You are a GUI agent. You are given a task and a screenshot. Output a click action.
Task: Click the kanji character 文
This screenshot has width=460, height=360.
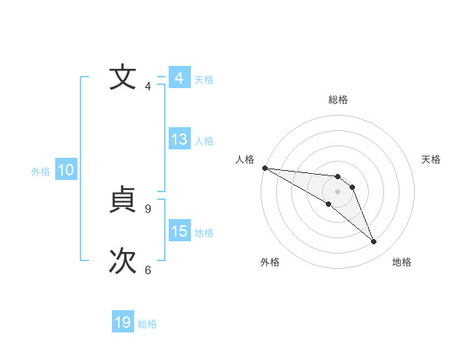pyautogui.click(x=121, y=77)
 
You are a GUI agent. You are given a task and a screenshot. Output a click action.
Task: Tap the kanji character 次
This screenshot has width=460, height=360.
pyautogui.click(x=121, y=261)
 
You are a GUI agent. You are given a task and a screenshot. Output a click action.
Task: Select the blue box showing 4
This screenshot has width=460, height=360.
pyautogui.click(x=179, y=78)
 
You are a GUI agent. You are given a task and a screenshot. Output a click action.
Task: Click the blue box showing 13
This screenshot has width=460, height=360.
pyautogui.click(x=179, y=140)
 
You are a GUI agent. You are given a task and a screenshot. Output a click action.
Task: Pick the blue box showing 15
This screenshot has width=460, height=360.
pyautogui.click(x=179, y=231)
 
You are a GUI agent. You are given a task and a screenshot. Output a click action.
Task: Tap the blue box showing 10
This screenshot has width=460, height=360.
pyautogui.click(x=66, y=171)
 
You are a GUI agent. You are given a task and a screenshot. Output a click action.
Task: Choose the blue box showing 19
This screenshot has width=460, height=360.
pyautogui.click(x=123, y=322)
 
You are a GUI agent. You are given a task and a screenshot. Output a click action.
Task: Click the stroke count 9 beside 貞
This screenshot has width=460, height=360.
pyautogui.click(x=148, y=208)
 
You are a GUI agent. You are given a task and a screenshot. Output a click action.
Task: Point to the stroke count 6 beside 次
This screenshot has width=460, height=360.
pyautogui.click(x=148, y=270)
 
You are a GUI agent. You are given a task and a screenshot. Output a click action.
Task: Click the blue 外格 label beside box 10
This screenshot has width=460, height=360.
pyautogui.click(x=41, y=172)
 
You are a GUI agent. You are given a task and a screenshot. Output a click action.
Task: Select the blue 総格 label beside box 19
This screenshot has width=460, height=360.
pyautogui.click(x=147, y=324)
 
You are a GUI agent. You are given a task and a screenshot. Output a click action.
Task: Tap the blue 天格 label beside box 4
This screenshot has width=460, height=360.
pyautogui.click(x=204, y=79)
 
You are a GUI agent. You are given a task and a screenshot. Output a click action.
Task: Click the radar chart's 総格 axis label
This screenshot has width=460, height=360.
pyautogui.click(x=337, y=100)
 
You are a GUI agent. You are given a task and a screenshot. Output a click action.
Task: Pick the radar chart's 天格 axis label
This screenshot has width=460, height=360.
pyautogui.click(x=432, y=159)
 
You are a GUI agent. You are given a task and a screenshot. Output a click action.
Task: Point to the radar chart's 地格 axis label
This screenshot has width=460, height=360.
pyautogui.click(x=402, y=262)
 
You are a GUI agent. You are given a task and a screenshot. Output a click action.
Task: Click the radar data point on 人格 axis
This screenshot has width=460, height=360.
pyautogui.click(x=264, y=168)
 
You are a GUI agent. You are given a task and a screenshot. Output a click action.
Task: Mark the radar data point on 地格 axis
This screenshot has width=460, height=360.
pyautogui.click(x=374, y=242)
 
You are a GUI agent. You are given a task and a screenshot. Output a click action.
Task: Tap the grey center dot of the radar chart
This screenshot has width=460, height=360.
pyautogui.click(x=337, y=191)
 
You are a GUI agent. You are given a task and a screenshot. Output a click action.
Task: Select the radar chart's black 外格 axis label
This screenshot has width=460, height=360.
pyautogui.click(x=270, y=262)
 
